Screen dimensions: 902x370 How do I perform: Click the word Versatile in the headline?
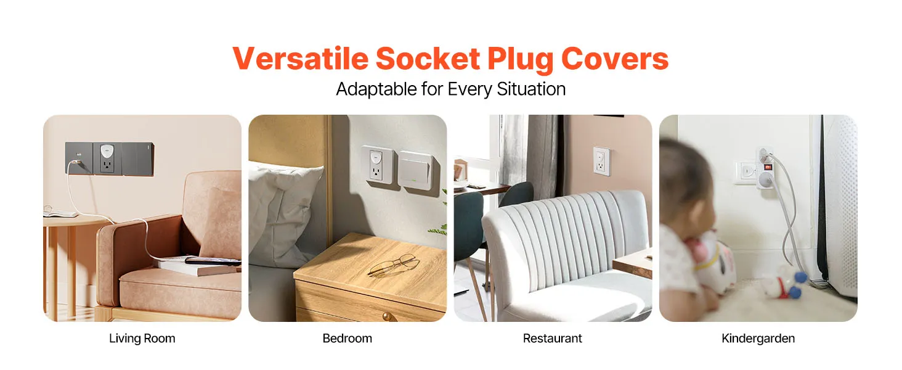(x=301, y=59)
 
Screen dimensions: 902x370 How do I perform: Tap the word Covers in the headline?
(x=614, y=59)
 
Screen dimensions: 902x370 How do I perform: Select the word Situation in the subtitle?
(x=531, y=89)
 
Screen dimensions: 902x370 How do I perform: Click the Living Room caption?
(x=142, y=338)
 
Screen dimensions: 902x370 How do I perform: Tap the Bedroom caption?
(x=347, y=338)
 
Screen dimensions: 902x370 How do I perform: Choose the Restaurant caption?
(x=553, y=338)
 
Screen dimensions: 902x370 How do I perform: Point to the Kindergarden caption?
(x=758, y=338)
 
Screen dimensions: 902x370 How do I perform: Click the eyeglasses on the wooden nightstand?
(x=392, y=264)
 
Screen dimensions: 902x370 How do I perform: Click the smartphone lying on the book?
(x=213, y=261)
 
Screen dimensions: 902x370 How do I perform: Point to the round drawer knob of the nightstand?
(x=387, y=317)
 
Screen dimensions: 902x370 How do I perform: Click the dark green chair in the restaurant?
(x=469, y=226)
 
